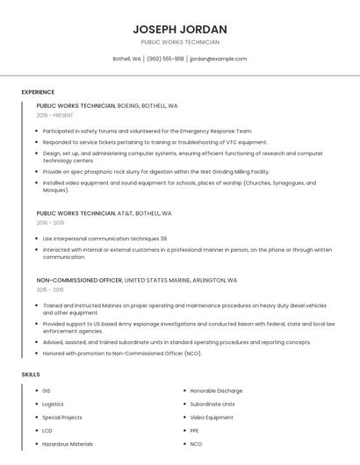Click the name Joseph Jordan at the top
tap(180, 29)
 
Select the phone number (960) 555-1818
tap(165, 59)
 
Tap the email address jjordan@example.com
tap(219, 59)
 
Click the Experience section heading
tap(38, 92)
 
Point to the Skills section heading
tap(31, 375)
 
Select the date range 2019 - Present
tap(54, 115)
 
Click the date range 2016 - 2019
tap(50, 223)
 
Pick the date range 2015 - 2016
tap(50, 290)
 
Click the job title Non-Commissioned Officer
tap(79, 280)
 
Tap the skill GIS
tap(47, 390)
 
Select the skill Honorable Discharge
tap(216, 390)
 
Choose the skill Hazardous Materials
tap(67, 444)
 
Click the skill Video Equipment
tap(212, 418)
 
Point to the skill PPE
tap(195, 431)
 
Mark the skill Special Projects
tap(61, 418)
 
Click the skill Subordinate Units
tap(212, 404)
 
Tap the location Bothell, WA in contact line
tap(126, 59)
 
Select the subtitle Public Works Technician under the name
tap(180, 42)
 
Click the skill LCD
tap(47, 431)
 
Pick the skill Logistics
tap(53, 404)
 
